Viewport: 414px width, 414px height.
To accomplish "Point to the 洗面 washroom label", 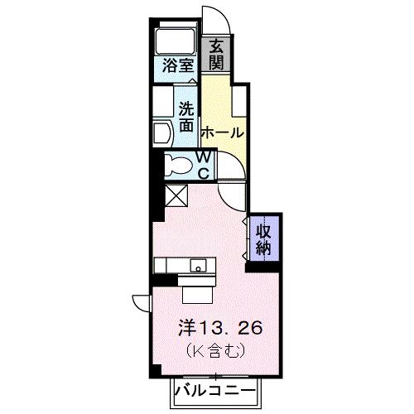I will pos(187,117).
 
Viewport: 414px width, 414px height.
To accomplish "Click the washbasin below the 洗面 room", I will pos(161,131).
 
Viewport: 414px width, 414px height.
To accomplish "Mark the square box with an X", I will pos(177,196).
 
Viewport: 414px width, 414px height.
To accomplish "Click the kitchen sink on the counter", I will pos(199,266).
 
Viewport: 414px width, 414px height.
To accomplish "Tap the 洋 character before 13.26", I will pos(188,328).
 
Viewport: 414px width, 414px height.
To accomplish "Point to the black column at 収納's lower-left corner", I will pos(252,265).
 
